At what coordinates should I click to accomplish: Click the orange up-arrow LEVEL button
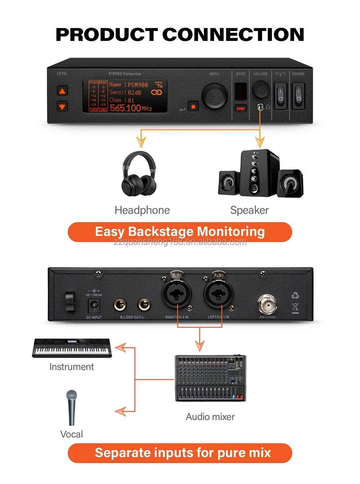[62, 91]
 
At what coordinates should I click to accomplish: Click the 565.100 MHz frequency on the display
[130, 108]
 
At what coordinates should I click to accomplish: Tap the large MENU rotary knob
[215, 96]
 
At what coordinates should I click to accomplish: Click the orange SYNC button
[240, 108]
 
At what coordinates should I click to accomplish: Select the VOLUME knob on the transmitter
[260, 89]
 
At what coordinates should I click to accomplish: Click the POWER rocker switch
[298, 96]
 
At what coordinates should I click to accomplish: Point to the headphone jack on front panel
[260, 107]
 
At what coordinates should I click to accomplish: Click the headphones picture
[139, 174]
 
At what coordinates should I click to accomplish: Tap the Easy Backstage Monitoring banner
[180, 232]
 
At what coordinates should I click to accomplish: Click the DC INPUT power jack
[94, 305]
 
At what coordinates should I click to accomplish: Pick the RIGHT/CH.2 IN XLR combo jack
[176, 294]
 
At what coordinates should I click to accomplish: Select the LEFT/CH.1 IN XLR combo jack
[218, 294]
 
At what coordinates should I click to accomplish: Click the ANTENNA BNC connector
[267, 304]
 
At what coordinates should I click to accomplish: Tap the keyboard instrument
[72, 348]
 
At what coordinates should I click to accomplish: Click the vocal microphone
[72, 407]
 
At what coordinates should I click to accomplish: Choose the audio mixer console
[211, 378]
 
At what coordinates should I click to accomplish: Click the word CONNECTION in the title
[233, 35]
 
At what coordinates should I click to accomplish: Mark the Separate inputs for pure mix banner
[180, 453]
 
